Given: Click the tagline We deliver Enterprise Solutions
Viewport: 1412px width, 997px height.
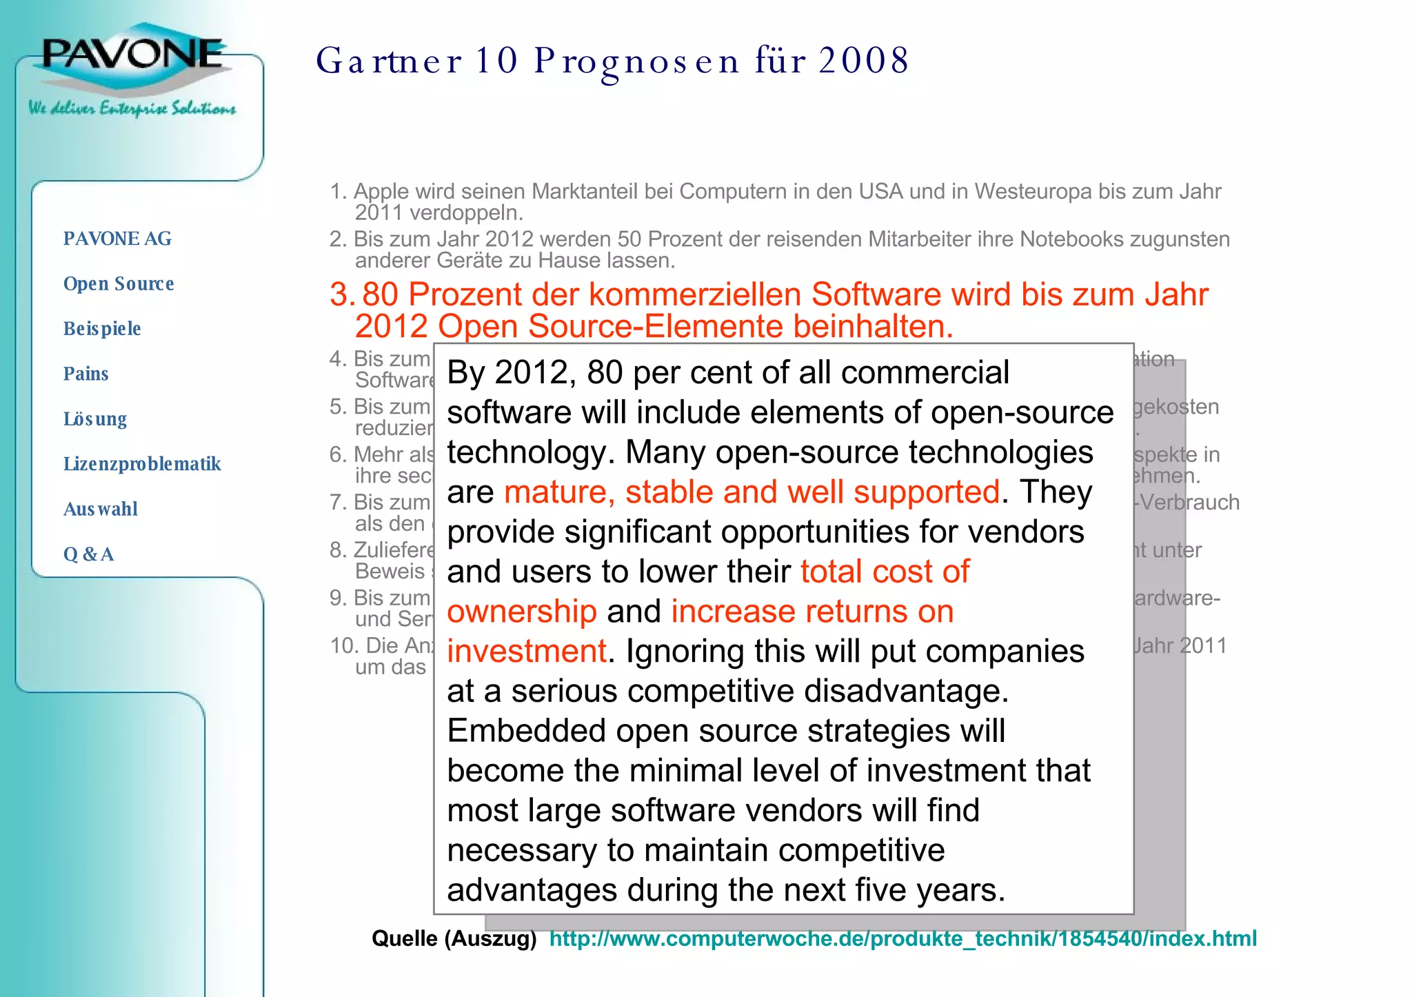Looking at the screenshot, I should point(132,108).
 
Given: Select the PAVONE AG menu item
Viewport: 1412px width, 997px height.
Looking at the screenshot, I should point(117,239).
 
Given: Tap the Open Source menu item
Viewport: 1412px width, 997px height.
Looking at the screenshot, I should point(119,283).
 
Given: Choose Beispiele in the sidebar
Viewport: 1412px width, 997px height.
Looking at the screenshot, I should point(102,328).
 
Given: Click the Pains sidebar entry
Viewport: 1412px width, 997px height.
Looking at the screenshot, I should point(86,374).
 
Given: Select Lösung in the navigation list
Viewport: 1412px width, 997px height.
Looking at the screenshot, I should point(95,419).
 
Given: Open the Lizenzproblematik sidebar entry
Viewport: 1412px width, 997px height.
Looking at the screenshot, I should point(142,463).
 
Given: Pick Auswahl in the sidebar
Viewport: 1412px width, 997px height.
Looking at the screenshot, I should point(101,509).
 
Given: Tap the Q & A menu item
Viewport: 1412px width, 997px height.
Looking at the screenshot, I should point(88,554).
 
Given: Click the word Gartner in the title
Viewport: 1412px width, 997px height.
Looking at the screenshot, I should point(389,61).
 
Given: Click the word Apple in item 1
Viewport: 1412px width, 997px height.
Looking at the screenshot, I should point(382,191).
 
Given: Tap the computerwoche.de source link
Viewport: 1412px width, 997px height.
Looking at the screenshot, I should point(902,938).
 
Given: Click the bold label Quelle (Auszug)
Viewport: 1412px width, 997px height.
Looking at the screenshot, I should point(454,938).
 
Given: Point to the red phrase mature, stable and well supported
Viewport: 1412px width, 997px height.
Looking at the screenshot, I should point(752,492).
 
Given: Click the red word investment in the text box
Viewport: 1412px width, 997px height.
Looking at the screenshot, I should point(527,652).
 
